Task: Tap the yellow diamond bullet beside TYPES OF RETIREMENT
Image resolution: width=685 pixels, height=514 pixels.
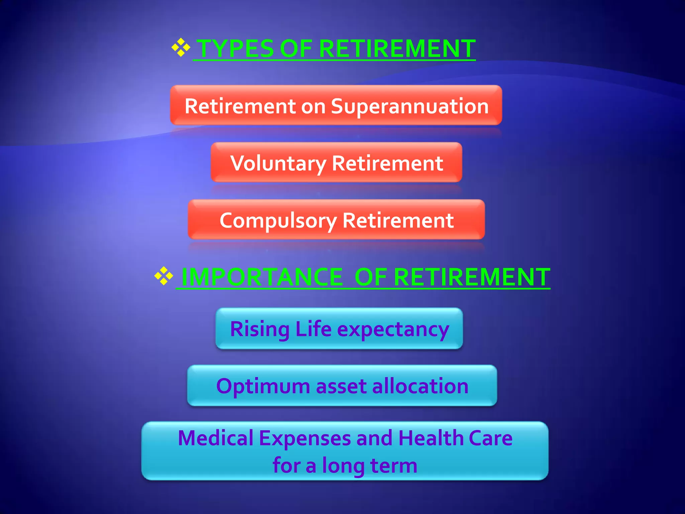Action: [181, 48]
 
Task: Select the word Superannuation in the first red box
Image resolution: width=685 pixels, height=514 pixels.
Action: [410, 106]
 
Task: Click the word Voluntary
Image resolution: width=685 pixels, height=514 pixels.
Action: [278, 164]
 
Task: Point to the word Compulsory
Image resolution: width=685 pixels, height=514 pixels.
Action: [278, 221]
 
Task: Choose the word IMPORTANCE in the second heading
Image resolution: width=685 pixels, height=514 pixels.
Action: [262, 277]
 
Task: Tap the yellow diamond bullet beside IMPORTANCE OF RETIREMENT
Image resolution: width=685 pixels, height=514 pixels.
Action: [164, 276]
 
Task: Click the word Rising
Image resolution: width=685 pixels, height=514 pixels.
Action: [260, 329]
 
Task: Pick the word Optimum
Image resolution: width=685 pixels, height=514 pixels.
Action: [263, 387]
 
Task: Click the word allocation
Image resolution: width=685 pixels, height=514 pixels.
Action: [420, 386]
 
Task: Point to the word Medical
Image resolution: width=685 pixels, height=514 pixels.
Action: [216, 438]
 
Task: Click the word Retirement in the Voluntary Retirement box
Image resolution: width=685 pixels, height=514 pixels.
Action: [387, 163]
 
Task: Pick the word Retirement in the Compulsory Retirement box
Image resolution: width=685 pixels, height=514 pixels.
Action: [398, 221]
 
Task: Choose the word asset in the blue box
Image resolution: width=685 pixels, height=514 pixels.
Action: [341, 387]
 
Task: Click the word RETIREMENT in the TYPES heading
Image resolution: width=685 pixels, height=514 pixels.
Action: [397, 49]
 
